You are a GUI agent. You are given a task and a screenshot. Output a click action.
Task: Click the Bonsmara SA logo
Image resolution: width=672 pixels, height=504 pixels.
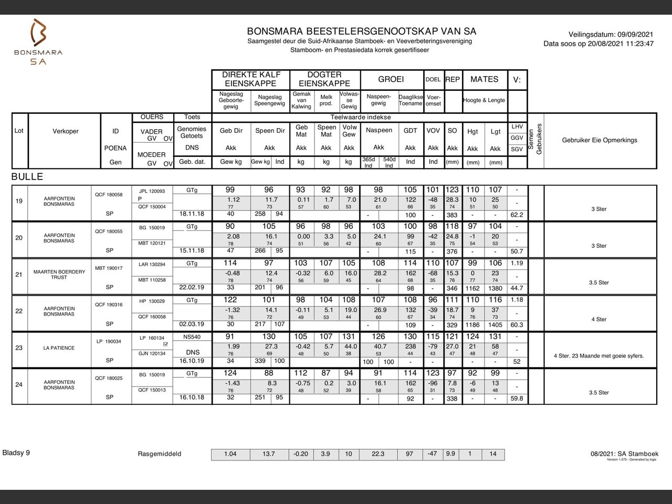(38, 42)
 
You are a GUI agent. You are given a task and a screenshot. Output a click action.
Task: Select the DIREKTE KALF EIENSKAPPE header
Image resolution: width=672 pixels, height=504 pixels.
(251, 79)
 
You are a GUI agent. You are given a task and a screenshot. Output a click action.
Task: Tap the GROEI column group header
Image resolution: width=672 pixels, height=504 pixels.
(391, 79)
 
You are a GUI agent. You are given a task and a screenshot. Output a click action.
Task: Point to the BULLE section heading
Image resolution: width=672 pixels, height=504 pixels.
(27, 176)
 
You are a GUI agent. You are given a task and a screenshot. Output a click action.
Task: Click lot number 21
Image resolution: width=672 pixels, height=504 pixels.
(19, 274)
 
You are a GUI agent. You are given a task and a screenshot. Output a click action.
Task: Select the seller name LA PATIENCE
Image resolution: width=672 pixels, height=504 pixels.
(59, 348)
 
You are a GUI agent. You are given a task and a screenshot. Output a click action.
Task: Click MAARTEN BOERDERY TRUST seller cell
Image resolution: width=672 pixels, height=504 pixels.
(59, 274)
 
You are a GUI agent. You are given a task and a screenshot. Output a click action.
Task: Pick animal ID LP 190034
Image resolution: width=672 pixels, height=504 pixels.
(109, 341)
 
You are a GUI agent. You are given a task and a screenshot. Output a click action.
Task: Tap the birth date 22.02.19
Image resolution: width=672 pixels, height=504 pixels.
(192, 287)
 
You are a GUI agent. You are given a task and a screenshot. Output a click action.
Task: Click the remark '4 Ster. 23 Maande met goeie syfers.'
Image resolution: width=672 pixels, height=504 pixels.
(598, 355)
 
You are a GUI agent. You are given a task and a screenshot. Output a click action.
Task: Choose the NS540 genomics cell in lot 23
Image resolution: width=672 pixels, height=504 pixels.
(192, 337)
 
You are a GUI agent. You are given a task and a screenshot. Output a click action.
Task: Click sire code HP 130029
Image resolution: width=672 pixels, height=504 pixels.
(152, 301)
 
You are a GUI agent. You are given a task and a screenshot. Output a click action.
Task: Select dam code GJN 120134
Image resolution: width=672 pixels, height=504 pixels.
(152, 353)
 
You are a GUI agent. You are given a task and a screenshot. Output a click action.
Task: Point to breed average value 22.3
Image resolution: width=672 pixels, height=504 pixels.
(378, 454)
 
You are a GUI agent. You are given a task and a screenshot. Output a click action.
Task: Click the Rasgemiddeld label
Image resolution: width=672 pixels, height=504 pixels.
(160, 454)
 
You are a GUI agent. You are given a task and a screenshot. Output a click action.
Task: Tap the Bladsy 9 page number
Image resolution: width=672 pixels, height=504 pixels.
(16, 453)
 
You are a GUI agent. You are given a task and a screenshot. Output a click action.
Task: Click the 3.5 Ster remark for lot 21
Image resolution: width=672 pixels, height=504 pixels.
(598, 282)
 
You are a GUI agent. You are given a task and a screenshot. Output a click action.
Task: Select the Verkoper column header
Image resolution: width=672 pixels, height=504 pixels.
(66, 131)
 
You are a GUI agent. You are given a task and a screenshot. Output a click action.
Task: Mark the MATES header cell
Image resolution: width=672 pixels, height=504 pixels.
(484, 79)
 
